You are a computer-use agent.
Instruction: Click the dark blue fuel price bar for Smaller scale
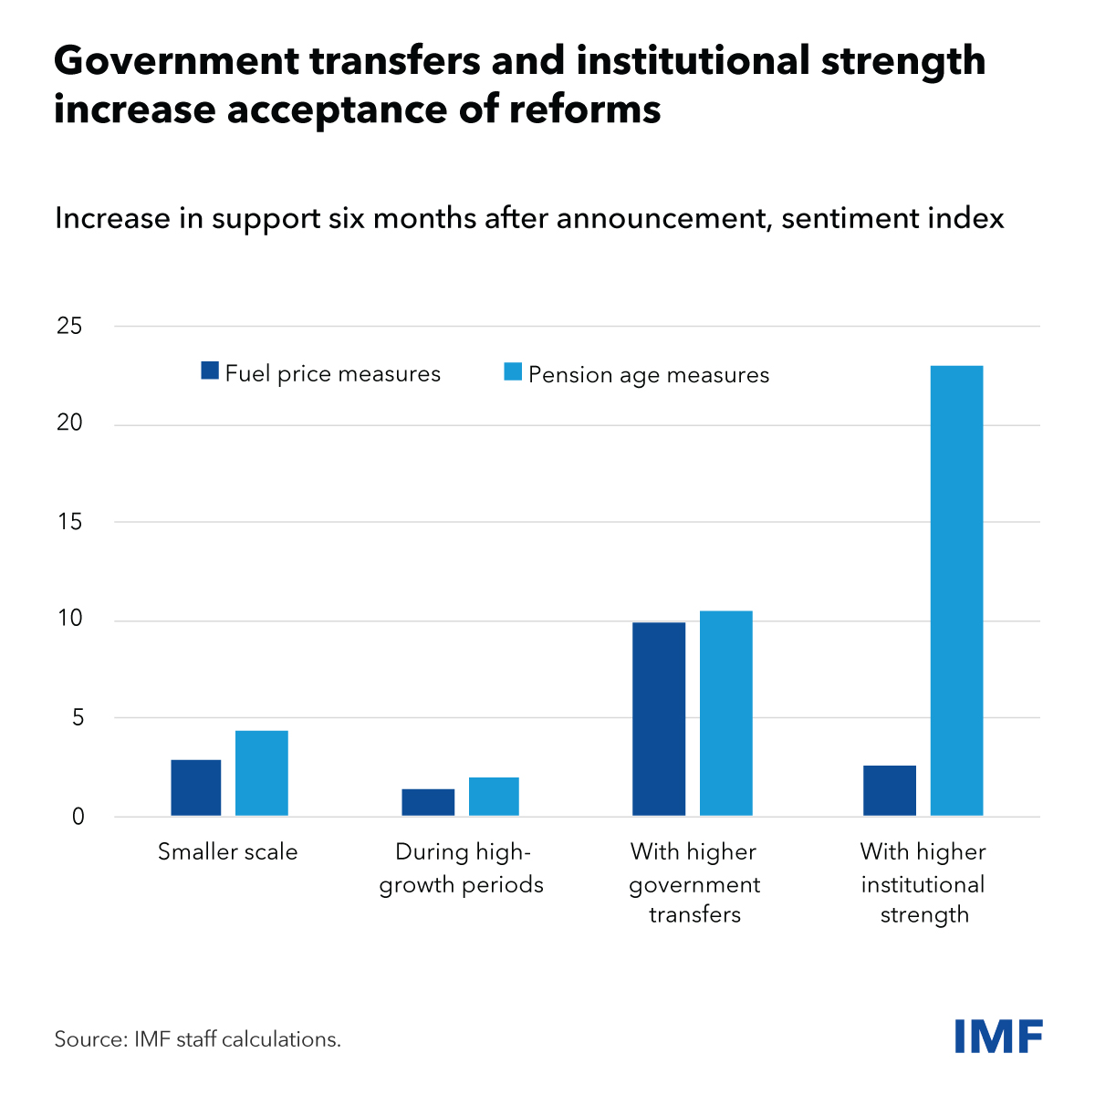[x=195, y=787]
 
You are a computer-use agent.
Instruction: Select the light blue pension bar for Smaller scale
[x=262, y=773]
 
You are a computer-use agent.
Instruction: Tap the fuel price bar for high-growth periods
[x=428, y=802]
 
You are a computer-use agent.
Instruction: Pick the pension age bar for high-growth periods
[x=494, y=797]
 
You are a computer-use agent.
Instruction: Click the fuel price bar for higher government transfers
[x=659, y=719]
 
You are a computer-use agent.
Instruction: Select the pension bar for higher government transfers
[x=726, y=713]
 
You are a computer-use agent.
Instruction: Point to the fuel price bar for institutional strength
[x=890, y=790]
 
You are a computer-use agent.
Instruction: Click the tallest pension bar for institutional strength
[x=957, y=590]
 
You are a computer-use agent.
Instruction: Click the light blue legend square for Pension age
[x=513, y=371]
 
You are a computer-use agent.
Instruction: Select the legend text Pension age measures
[x=649, y=375]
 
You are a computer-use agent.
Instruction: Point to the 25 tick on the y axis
[x=69, y=326]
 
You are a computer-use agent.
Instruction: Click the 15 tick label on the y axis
[x=69, y=522]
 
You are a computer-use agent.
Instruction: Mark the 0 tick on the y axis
[x=78, y=817]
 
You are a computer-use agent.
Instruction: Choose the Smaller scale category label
[x=228, y=852]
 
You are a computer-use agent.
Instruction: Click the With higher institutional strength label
[x=923, y=883]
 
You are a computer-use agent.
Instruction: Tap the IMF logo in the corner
[x=998, y=1037]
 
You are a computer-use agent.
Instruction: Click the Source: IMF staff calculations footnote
[x=197, y=1039]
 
